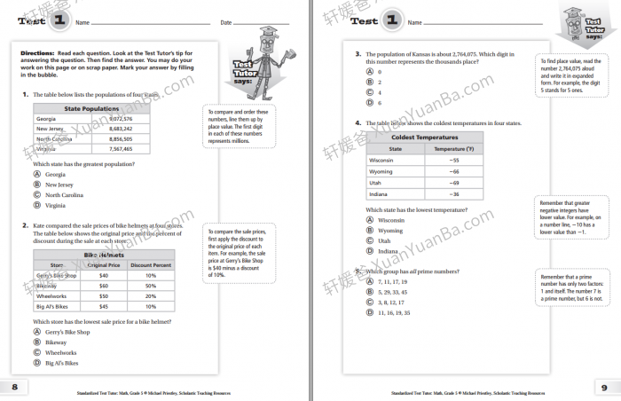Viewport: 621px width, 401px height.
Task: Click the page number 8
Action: click(x=13, y=387)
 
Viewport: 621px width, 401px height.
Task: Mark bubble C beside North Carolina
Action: click(x=37, y=194)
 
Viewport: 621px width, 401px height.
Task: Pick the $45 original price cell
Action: click(x=103, y=306)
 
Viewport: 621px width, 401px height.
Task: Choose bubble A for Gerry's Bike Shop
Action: click(x=37, y=331)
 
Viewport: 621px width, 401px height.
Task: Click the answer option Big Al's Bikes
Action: click(x=62, y=363)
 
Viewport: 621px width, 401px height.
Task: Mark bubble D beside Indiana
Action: click(x=370, y=251)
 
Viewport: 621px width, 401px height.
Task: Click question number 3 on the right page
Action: click(x=358, y=54)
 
